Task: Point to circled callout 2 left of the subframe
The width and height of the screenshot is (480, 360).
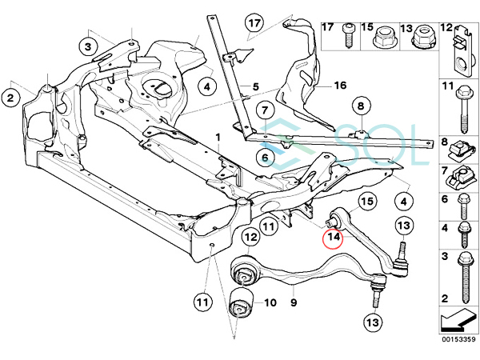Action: coord(10,98)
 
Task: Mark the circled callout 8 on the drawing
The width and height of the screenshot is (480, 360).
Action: coord(360,106)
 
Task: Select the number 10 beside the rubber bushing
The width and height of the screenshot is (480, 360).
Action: coord(269,303)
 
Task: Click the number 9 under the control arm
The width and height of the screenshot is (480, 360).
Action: coord(294,303)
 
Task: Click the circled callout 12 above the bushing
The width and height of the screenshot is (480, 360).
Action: coord(250,237)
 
